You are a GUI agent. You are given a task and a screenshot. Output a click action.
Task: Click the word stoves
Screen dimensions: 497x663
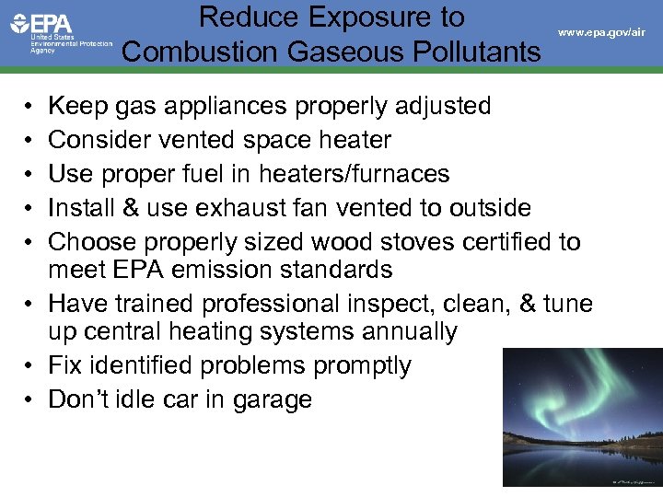tap(412, 242)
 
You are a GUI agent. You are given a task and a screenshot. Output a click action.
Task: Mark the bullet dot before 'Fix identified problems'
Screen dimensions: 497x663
tap(30, 366)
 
